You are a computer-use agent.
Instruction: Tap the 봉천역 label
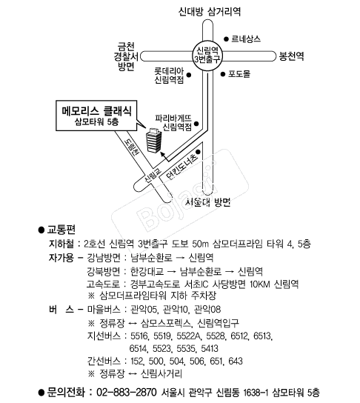tap(291, 56)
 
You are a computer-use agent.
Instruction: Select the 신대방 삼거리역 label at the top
tap(210, 11)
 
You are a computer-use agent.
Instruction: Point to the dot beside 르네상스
tap(226, 39)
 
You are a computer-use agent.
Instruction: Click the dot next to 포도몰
tap(223, 74)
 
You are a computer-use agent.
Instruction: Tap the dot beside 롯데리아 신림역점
tap(189, 75)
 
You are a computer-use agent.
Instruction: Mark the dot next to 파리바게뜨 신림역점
tap(196, 124)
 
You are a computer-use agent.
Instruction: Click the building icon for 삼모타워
tap(153, 140)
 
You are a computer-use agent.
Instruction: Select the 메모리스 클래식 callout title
tap(96, 111)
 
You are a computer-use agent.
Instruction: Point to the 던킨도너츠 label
tap(182, 167)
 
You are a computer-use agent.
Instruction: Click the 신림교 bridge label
tap(153, 176)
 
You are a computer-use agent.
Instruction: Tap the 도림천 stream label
tap(132, 147)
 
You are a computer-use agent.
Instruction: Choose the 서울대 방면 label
tap(208, 202)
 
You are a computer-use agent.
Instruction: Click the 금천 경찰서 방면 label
tap(126, 56)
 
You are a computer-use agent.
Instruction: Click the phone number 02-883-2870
tap(127, 393)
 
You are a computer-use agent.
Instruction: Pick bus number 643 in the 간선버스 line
tap(236, 361)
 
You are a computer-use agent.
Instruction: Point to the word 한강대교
tap(147, 271)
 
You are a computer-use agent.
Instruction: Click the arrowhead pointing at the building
tap(162, 154)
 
